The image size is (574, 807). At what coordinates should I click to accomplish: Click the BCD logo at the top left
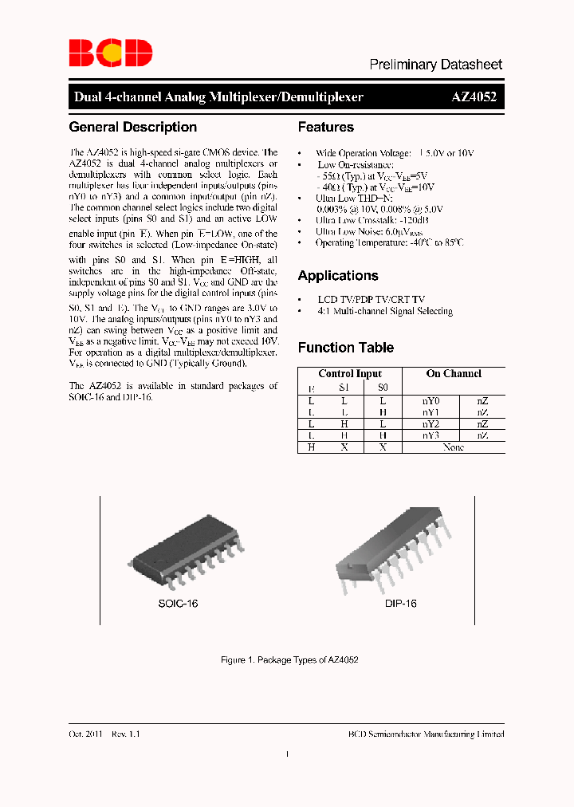point(110,53)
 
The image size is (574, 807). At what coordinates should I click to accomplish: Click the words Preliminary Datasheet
point(435,65)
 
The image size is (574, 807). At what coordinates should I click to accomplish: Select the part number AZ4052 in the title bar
point(474,97)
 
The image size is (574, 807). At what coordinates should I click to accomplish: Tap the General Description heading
point(133,128)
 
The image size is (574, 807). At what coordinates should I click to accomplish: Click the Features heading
point(325,128)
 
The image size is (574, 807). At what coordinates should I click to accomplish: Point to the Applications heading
point(338,276)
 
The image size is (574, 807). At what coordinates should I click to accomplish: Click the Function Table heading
point(345,348)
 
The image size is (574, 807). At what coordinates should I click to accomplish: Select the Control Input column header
point(350,373)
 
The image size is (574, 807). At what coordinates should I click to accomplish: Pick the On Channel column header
point(454,373)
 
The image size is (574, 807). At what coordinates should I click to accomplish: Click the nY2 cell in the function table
point(431,424)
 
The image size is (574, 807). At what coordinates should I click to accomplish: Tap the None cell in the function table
point(454,448)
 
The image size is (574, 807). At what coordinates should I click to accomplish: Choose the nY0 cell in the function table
point(431,400)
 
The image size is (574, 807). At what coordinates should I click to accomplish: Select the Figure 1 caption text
point(289,660)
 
